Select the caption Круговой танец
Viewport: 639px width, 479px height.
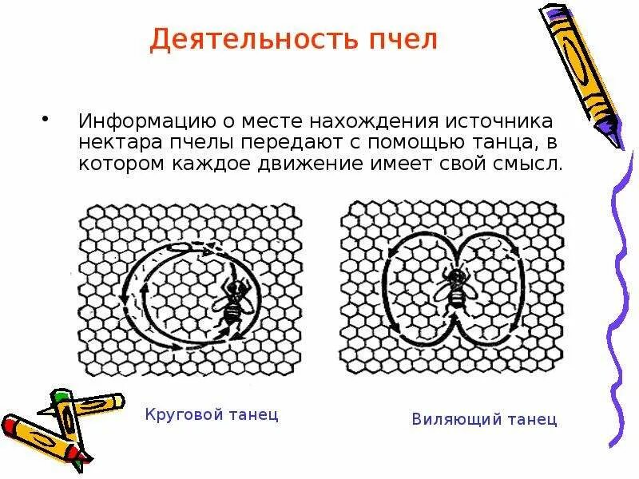(212, 415)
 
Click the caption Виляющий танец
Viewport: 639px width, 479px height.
(485, 419)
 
